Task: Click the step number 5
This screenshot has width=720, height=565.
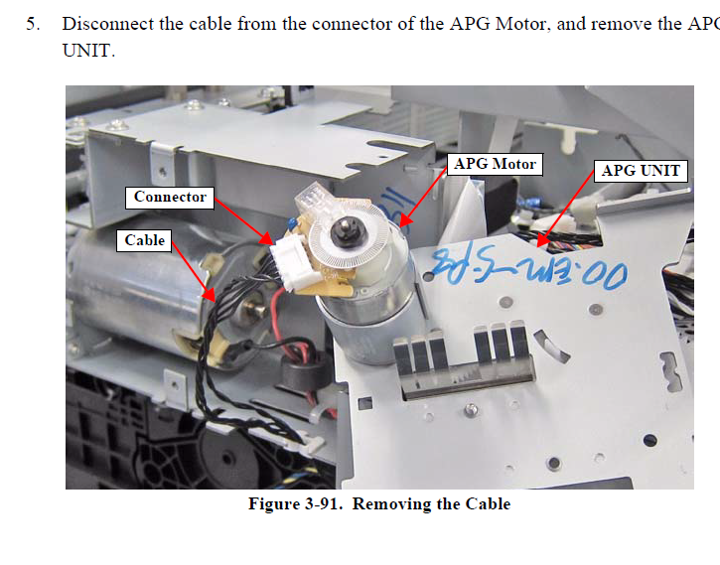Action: [x=32, y=23]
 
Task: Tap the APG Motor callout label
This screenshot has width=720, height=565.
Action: [x=495, y=164]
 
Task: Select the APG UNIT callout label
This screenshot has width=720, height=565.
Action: [x=642, y=171]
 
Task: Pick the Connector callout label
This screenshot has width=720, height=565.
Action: [x=170, y=197]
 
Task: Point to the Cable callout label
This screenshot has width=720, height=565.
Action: [x=145, y=240]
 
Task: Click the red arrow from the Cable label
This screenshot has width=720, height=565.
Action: [x=194, y=270]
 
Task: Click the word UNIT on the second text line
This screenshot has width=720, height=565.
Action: [x=88, y=50]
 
